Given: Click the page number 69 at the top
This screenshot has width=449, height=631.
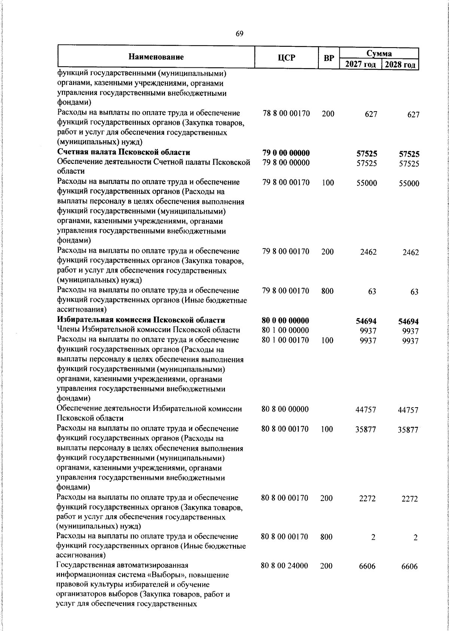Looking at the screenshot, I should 239,34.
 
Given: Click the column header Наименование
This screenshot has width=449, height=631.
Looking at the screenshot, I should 156,57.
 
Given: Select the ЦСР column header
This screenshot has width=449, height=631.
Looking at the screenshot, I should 286,58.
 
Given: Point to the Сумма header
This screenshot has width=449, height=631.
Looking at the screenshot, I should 379,53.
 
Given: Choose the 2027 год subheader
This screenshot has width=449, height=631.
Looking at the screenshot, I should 360,64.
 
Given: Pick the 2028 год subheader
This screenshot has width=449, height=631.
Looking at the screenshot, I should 400,64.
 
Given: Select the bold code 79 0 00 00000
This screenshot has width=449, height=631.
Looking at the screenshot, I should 286,153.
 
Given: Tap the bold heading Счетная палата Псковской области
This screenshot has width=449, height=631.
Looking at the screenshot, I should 123,152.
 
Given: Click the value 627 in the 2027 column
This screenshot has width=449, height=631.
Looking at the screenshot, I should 371,114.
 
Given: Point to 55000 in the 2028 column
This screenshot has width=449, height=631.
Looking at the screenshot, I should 409,183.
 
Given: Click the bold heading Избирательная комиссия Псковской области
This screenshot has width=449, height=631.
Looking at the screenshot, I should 141,320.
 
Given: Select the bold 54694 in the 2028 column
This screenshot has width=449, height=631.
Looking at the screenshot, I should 408,321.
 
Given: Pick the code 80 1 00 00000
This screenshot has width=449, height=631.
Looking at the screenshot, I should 285,330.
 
